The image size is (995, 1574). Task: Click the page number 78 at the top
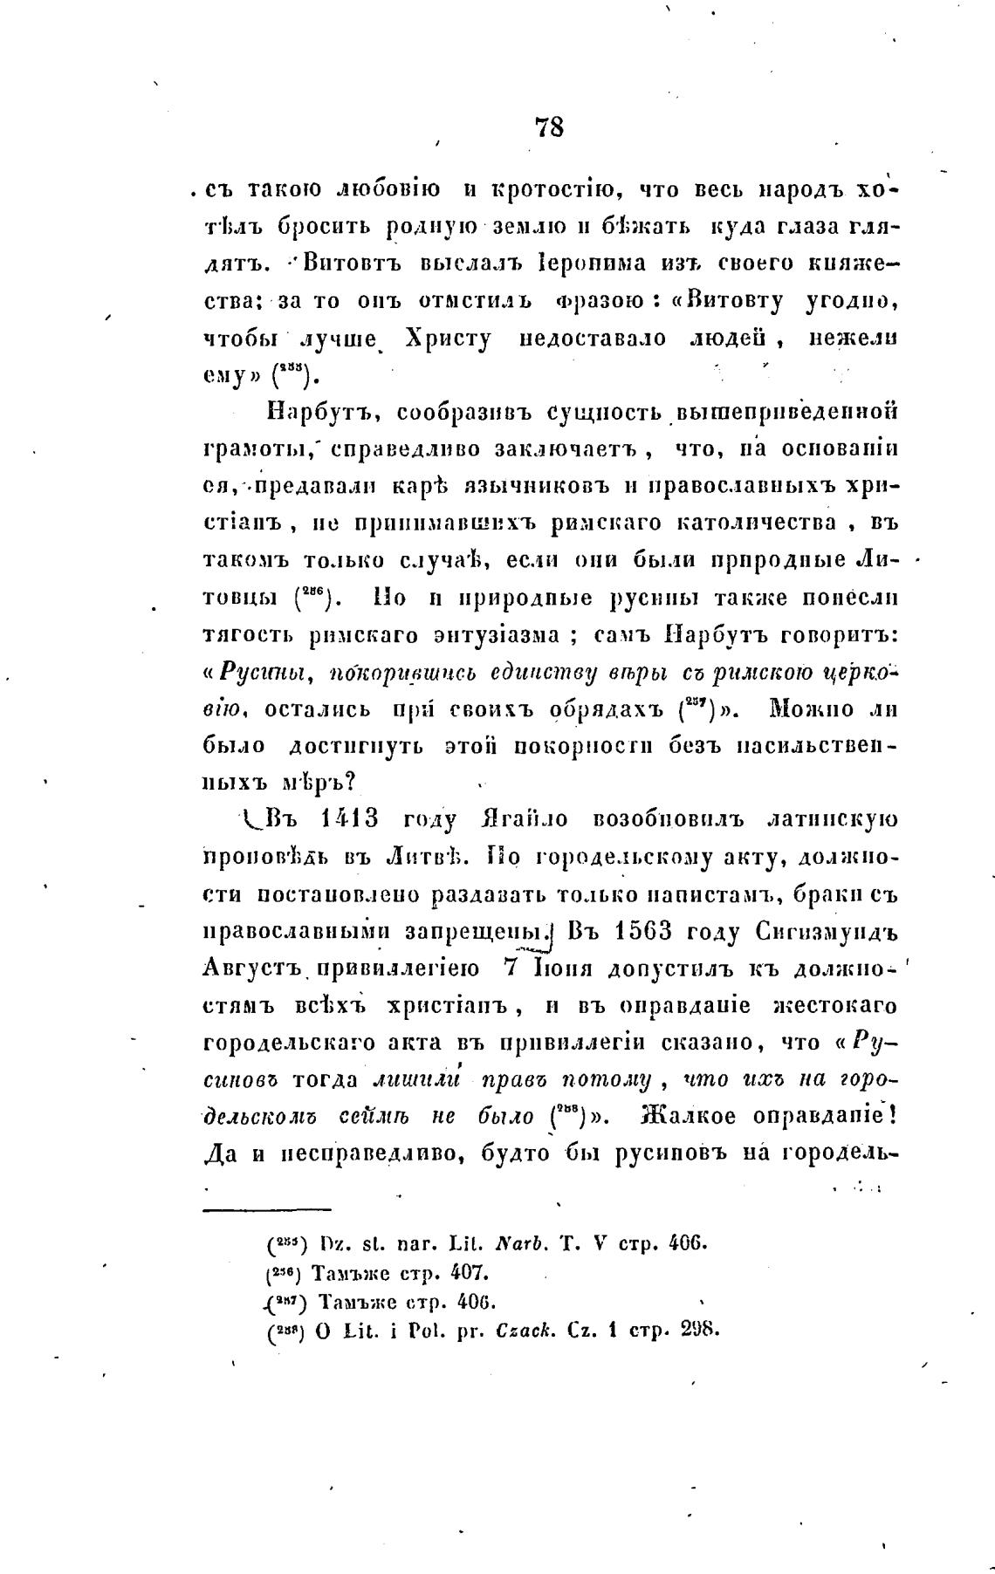(549, 127)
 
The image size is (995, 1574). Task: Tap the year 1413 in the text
(349, 820)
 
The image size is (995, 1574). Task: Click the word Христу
(448, 339)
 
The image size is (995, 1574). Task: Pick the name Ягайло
(524, 820)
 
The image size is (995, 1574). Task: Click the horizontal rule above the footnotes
(267, 1209)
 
